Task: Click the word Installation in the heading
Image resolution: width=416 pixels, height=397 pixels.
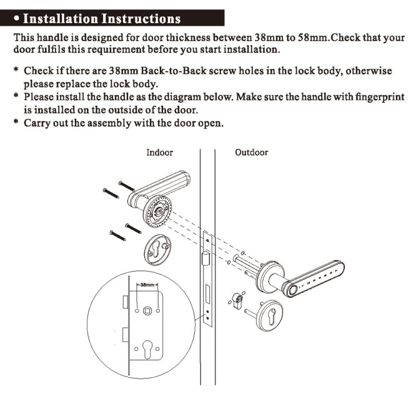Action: [60, 18]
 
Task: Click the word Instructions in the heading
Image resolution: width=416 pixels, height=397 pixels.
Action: [141, 18]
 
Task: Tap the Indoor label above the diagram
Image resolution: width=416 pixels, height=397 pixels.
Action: [159, 153]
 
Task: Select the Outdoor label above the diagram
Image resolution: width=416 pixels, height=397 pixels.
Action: [251, 152]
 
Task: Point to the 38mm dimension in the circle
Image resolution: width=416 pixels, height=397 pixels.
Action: [147, 285]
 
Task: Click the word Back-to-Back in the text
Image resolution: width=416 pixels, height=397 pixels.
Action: [174, 71]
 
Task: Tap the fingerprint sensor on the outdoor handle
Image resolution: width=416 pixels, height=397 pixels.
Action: [293, 291]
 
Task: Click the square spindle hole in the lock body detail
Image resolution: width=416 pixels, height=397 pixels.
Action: [147, 311]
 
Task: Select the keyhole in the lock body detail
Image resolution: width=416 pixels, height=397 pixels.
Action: [147, 349]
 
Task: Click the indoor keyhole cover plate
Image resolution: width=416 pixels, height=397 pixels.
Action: [158, 250]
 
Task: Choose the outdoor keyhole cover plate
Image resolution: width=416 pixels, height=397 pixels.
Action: [271, 316]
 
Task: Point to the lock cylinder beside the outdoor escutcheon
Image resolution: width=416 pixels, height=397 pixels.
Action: [237, 301]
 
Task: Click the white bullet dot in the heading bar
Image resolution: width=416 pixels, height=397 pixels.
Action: [17, 18]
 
